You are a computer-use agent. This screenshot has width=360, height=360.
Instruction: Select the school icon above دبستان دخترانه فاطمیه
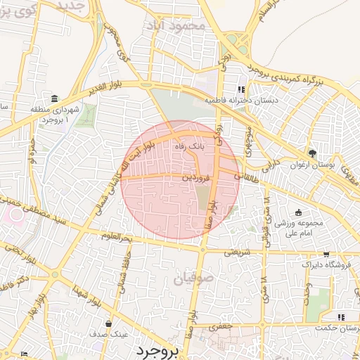(241, 89)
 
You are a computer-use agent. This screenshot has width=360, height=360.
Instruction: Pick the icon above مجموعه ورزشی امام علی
(298, 212)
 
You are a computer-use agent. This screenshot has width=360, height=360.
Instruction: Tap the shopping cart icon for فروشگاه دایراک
(326, 255)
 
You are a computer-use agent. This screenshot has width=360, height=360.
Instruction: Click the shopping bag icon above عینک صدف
(108, 324)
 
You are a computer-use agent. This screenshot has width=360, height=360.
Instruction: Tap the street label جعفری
(219, 327)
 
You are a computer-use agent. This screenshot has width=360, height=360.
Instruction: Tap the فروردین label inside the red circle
(196, 178)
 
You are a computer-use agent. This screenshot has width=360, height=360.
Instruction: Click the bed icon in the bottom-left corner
(25, 353)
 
